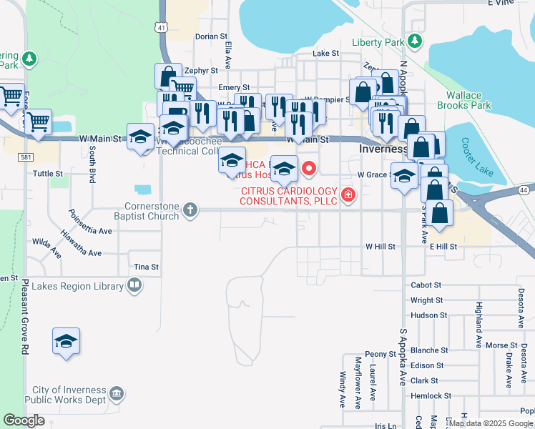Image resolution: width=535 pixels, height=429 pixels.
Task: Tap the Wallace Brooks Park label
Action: pyautogui.click(x=468, y=100)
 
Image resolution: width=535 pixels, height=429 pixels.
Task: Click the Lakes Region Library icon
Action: pyautogui.click(x=134, y=287)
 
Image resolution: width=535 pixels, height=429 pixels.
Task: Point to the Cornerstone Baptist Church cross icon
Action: pyautogui.click(x=190, y=209)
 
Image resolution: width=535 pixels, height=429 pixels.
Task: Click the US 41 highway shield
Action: pyautogui.click(x=163, y=27)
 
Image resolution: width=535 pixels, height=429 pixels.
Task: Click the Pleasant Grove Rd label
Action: pyautogui.click(x=24, y=316)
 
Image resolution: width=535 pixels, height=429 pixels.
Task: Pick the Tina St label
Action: pyautogui.click(x=146, y=267)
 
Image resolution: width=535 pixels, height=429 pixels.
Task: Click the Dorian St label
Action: pyautogui.click(x=211, y=36)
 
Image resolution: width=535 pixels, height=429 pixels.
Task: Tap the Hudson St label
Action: pyautogui.click(x=429, y=315)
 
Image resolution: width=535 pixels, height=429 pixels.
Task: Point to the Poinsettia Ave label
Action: pyautogui.click(x=90, y=222)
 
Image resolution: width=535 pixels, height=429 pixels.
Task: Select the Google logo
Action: pyautogui.click(x=24, y=420)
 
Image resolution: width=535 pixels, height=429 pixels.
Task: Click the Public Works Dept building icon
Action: pyautogui.click(x=116, y=393)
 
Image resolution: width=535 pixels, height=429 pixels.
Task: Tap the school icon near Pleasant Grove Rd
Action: pyautogui.click(x=66, y=341)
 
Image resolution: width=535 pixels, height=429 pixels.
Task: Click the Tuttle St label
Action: pyautogui.click(x=49, y=174)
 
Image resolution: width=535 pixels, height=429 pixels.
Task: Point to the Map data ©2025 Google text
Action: pyautogui.click(x=490, y=423)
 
